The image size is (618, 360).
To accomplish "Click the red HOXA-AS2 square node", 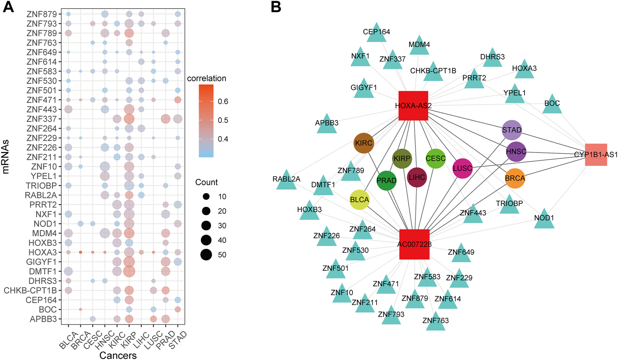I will [413, 105].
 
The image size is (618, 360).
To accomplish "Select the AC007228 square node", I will [414, 244].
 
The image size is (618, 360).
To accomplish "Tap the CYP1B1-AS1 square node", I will [596, 154].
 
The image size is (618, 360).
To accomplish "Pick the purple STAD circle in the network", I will [512, 130].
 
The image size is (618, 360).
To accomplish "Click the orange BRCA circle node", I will [515, 179].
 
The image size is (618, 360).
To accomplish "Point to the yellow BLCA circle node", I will [359, 200].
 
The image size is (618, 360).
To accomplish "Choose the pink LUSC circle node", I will [462, 169].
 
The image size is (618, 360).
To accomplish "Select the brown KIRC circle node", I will [364, 143].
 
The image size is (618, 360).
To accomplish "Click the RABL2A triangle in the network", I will [286, 180].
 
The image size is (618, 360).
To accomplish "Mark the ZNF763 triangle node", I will [436, 321].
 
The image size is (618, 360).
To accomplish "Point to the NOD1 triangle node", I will [544, 219].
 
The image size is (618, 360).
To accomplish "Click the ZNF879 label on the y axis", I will [41, 14].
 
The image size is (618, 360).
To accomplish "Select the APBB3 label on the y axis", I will [43, 319].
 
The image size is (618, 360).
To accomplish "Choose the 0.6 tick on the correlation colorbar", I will [223, 101].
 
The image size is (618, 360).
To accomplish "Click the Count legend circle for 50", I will [206, 255].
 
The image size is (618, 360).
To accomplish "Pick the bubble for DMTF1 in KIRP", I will [129, 271].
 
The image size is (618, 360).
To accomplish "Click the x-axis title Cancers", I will [118, 355].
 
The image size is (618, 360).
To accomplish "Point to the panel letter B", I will [276, 8].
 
